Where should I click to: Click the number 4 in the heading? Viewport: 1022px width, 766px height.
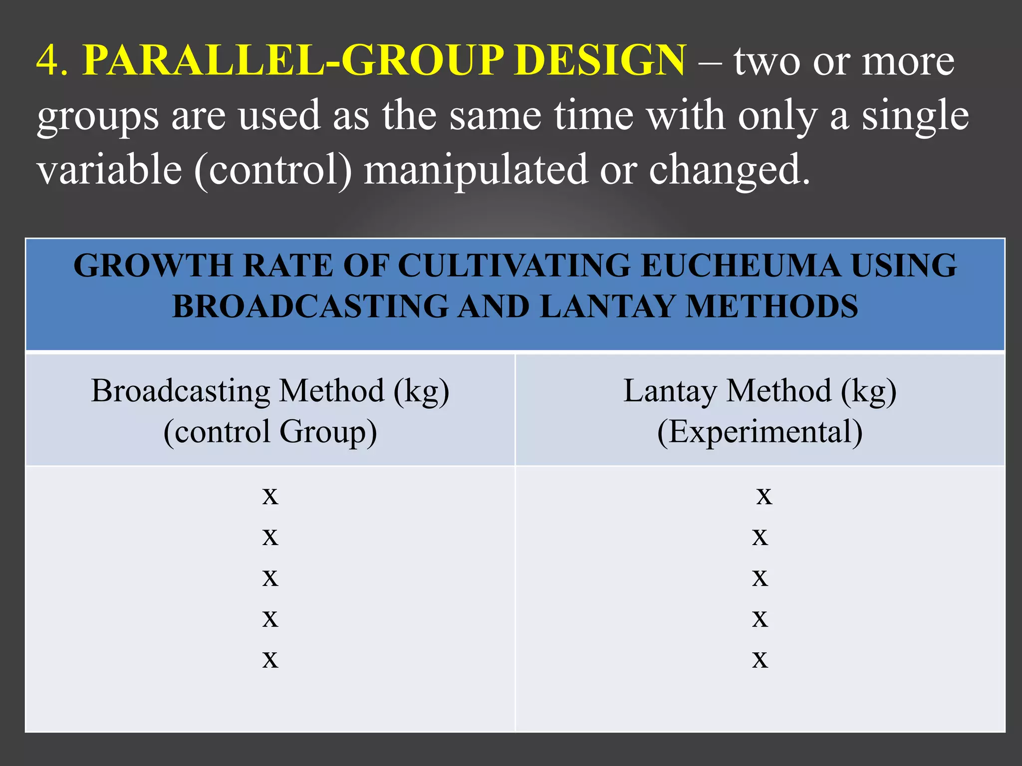pyautogui.click(x=48, y=60)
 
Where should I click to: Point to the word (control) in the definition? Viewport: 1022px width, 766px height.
pyautogui.click(x=273, y=170)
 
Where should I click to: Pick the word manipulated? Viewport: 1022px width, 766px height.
pyautogui.click(x=476, y=170)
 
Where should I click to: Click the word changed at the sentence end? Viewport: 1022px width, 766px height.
pyautogui.click(x=729, y=170)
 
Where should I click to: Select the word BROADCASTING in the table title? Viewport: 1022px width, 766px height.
pyautogui.click(x=311, y=306)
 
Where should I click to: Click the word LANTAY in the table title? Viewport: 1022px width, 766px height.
pyautogui.click(x=607, y=306)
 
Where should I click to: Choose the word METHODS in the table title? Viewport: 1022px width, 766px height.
pyautogui.click(x=771, y=306)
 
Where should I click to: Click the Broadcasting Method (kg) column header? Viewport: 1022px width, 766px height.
pyautogui.click(x=270, y=390)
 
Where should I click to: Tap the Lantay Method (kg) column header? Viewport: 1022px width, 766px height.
pyautogui.click(x=760, y=390)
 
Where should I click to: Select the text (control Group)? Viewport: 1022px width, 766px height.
pyautogui.click(x=270, y=431)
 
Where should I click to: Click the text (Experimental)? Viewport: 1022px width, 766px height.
pyautogui.click(x=760, y=431)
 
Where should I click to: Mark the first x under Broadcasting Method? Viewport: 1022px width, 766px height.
pyautogui.click(x=270, y=496)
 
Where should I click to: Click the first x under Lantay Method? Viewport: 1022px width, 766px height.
pyautogui.click(x=764, y=496)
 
